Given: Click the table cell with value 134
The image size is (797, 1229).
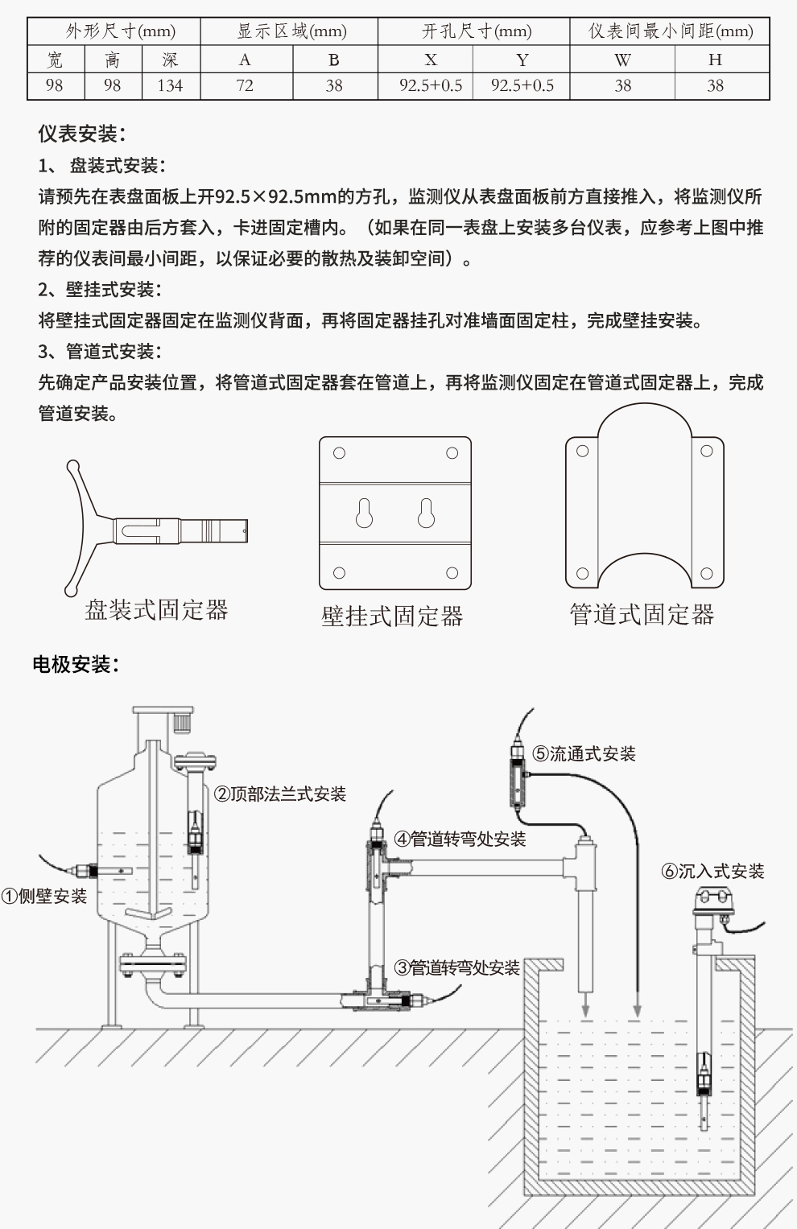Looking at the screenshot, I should click(170, 85).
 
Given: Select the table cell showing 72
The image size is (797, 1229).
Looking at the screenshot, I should click(245, 85).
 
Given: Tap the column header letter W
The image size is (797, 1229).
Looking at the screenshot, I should click(622, 60).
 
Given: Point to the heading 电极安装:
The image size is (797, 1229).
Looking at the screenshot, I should click(76, 664).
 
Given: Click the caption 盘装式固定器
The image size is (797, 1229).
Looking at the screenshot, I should click(157, 610).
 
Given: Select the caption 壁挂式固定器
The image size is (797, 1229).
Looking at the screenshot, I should click(392, 617).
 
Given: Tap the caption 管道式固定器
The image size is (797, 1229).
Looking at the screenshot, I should click(642, 615).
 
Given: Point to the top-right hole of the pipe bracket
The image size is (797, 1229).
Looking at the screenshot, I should click(706, 451).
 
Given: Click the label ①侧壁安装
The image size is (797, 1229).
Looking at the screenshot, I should click(44, 896).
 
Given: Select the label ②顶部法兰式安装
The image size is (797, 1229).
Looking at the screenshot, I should click(280, 794).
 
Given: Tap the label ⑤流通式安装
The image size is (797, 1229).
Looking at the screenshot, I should click(584, 753).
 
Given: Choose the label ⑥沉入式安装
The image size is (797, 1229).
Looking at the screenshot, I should click(713, 871).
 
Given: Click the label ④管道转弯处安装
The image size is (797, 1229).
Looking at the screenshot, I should click(460, 839).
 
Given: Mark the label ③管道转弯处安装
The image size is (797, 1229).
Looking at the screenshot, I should click(457, 967).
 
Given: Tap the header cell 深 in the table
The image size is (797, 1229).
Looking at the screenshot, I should click(170, 60).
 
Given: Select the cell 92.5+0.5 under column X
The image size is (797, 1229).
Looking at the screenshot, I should click(431, 85).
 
